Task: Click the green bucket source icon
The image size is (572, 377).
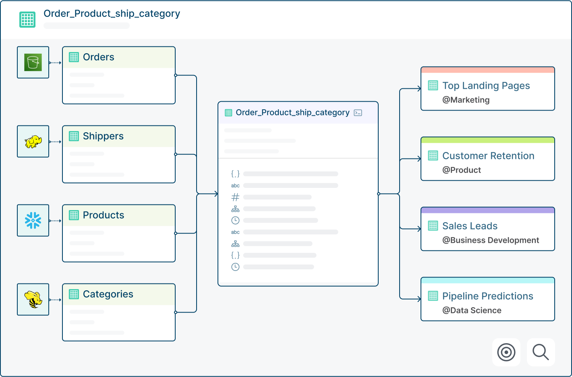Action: [33, 62]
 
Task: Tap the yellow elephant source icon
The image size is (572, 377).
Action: [33, 142]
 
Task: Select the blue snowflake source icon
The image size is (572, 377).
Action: [33, 220]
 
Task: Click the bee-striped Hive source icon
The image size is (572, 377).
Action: [33, 300]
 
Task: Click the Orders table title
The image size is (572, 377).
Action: [99, 57]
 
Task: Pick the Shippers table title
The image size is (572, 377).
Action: [103, 136]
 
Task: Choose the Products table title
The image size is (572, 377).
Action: [104, 215]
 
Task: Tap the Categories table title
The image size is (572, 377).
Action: [108, 294]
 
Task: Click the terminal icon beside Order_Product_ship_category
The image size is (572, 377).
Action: [358, 113]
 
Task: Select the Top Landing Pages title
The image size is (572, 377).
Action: [486, 85]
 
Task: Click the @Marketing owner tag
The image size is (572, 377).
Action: [466, 100]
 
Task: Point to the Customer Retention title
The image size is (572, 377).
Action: [488, 156]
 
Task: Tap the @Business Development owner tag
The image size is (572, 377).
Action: [491, 240]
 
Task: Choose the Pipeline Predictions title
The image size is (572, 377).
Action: [488, 296]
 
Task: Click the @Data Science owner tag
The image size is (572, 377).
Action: [472, 310]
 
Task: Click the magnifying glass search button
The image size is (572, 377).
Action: [541, 352]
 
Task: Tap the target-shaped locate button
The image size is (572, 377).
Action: [506, 352]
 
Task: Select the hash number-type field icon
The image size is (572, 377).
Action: [235, 197]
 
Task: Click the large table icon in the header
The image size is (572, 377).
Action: [27, 19]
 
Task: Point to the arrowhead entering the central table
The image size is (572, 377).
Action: [216, 194]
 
